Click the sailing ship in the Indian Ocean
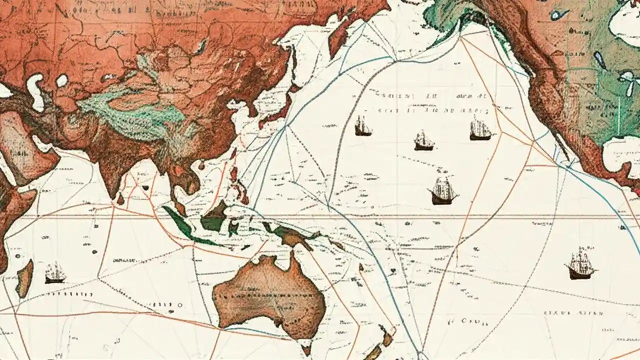pyautogui.click(x=55, y=273)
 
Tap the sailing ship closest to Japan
pyautogui.click(x=363, y=126)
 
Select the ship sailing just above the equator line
pyautogui.click(x=442, y=190)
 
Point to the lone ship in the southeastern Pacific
pyautogui.click(x=580, y=263)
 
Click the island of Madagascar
pyautogui.click(x=24, y=277)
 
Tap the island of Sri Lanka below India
pyautogui.click(x=120, y=199)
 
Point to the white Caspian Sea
pyautogui.click(x=35, y=90)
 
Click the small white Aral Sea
pyautogui.click(x=62, y=80)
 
